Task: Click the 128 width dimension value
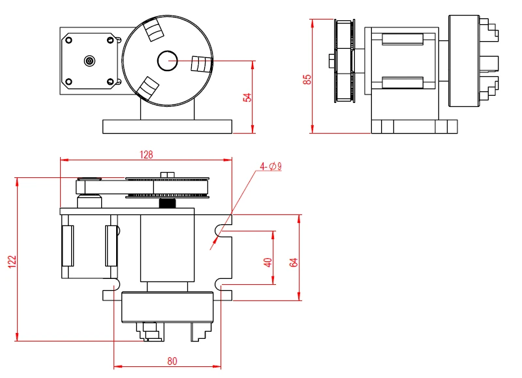click(x=146, y=154)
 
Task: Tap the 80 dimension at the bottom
click(x=172, y=360)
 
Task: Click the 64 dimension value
click(x=294, y=262)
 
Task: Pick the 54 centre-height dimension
click(x=247, y=97)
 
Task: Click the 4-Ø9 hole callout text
click(x=270, y=167)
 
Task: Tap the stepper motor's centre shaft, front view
click(x=89, y=61)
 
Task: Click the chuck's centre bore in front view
click(x=167, y=61)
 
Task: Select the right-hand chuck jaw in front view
click(x=200, y=64)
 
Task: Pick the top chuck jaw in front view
click(x=153, y=30)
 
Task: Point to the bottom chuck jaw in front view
click(x=149, y=88)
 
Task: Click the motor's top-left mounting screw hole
click(x=67, y=39)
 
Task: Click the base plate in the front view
click(x=167, y=126)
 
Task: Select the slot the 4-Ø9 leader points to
click(x=220, y=229)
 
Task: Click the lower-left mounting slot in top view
click(x=114, y=284)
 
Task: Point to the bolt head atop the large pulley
click(x=168, y=173)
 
